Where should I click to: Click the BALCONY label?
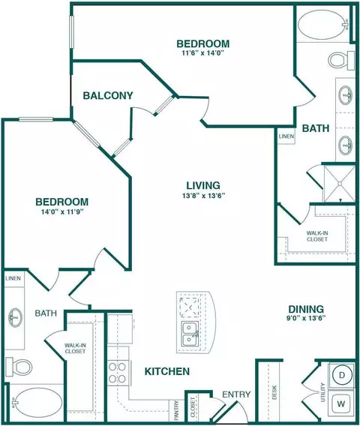tap(108, 96)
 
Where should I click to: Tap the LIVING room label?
tap(203, 185)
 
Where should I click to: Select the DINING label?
tap(306, 309)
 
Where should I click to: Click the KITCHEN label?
tap(167, 371)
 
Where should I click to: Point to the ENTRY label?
tap(236, 394)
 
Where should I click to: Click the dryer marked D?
tap(342, 375)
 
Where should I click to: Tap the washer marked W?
tap(341, 403)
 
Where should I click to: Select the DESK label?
tap(274, 392)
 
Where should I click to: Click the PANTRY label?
tap(176, 409)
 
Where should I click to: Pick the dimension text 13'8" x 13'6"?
tap(203, 196)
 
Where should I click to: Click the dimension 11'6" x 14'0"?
tap(202, 52)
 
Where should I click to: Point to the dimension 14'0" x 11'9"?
tap(61, 212)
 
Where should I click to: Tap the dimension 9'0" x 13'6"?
tap(306, 318)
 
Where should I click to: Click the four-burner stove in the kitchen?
tap(118, 373)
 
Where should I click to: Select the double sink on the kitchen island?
tap(190, 334)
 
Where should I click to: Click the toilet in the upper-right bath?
tap(341, 60)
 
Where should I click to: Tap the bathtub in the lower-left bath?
tap(37, 402)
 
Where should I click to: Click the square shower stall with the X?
tap(340, 184)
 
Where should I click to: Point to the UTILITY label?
tap(322, 392)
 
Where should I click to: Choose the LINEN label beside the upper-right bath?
tap(286, 136)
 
